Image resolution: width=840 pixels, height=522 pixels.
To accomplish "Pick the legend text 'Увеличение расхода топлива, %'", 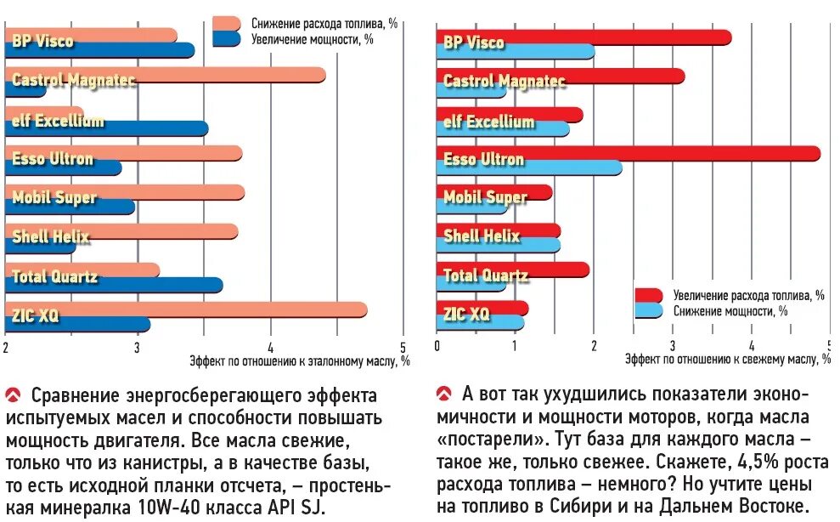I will point(748,295).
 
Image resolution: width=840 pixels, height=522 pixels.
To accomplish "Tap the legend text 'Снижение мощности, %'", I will point(730,310).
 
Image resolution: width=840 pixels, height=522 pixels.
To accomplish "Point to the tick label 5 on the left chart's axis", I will point(403,347).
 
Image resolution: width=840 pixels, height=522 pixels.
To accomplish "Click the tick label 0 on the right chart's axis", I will point(437,347).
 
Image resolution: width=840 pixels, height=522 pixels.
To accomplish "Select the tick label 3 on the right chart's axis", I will point(672,347).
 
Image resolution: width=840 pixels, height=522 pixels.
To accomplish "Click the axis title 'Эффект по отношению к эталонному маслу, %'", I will point(300,360).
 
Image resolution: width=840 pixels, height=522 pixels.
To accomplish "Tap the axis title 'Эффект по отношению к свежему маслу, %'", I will point(728,360).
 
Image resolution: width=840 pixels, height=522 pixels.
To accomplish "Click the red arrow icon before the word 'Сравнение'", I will point(13,394).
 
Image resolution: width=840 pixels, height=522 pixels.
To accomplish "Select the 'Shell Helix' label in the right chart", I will point(482,236).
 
